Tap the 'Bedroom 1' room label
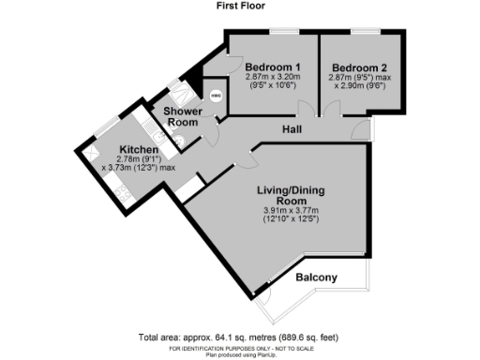click(272, 67)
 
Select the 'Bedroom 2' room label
click(360, 67)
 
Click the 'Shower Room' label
click(183, 117)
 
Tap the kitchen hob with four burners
click(122, 192)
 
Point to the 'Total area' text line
click(239, 337)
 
